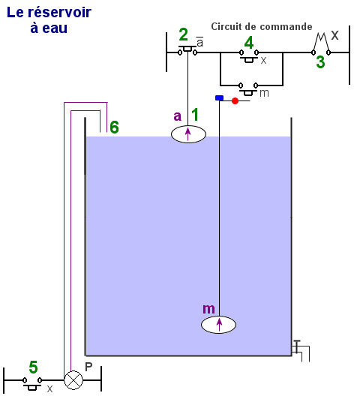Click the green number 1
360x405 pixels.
(195, 115)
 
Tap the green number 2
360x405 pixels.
(183, 34)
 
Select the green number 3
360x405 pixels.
(320, 62)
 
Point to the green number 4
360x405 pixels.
(249, 43)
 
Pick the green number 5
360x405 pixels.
(33, 367)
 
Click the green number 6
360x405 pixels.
(115, 127)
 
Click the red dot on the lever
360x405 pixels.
(235, 100)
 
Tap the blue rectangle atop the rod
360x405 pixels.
(219, 98)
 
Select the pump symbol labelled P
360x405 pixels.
(73, 380)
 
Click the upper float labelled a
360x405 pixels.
(188, 134)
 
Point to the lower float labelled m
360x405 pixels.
(218, 325)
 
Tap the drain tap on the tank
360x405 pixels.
(300, 350)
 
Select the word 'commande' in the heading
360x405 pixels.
(286, 26)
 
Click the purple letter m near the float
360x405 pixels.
(208, 309)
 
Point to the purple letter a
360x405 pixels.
(178, 116)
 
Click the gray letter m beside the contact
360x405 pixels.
(264, 93)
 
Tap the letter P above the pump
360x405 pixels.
(88, 367)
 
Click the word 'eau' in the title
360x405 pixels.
(55, 28)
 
